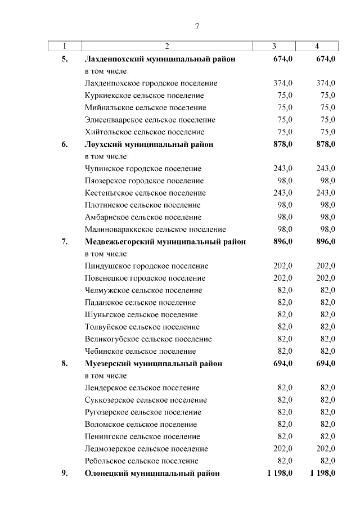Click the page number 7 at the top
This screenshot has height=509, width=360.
(197, 26)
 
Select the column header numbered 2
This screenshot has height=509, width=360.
(167, 46)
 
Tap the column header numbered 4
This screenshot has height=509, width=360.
(317, 46)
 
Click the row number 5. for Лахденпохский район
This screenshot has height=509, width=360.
(65, 58)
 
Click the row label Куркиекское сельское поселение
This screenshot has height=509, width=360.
(143, 96)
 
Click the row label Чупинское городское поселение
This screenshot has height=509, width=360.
(142, 169)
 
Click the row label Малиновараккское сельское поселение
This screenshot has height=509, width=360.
(155, 229)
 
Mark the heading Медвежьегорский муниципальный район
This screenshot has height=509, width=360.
(165, 242)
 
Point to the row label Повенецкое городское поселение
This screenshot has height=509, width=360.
(145, 278)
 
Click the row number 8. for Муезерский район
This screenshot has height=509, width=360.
(65, 363)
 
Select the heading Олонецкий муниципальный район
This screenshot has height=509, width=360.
(151, 473)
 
